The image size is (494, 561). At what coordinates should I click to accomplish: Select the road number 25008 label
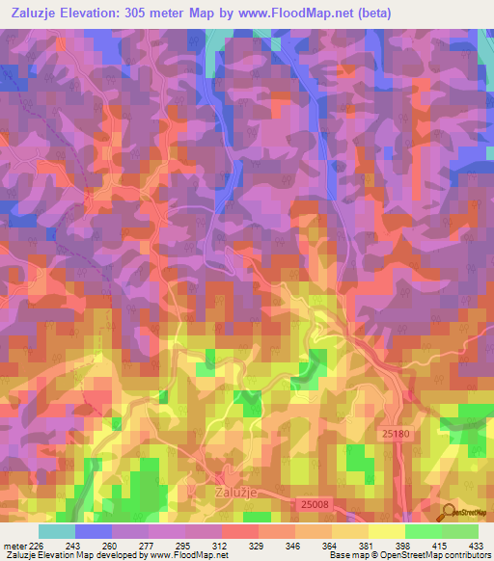[x=316, y=503]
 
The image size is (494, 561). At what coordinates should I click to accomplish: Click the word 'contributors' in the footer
[x=467, y=554]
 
